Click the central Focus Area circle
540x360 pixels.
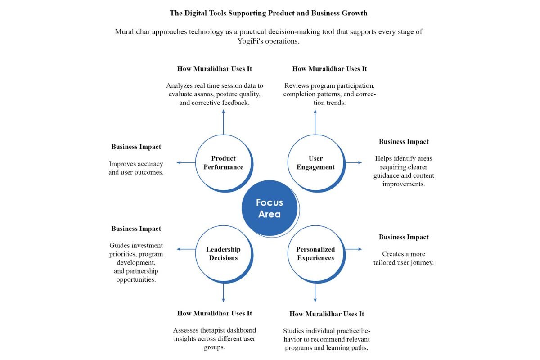coord(270,208)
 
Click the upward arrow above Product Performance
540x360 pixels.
coord(224,122)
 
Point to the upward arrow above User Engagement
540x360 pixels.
coord(315,122)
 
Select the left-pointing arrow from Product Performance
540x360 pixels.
coord(186,162)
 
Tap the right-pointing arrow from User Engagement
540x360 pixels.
coord(354,162)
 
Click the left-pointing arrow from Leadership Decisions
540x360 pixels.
coord(186,249)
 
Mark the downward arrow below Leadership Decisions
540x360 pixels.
coord(224,293)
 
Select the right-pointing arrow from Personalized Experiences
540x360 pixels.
coord(354,249)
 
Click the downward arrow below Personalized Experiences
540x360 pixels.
coord(315,293)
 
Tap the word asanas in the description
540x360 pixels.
coord(203,94)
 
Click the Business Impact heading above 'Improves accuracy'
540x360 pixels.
coord(136,147)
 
